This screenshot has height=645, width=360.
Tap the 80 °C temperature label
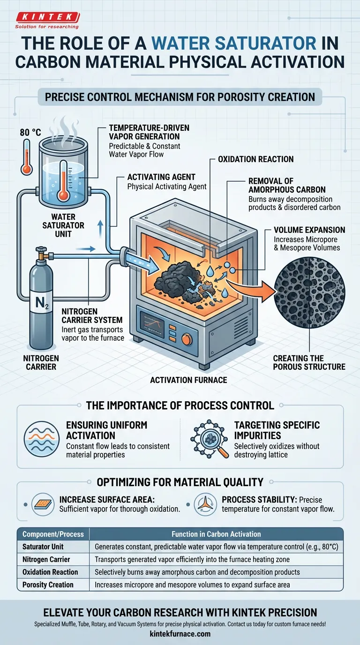[30, 133]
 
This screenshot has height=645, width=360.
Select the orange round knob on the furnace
[187, 339]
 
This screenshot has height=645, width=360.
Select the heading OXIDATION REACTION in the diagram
[256, 159]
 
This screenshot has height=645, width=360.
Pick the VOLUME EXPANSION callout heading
[309, 230]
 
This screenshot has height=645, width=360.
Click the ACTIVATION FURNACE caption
[188, 380]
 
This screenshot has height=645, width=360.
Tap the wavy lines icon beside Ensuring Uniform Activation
[41, 439]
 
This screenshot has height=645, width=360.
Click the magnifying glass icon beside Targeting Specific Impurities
[210, 439]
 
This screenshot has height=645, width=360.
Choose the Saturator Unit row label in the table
[43, 547]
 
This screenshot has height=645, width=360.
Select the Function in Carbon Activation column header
[216, 534]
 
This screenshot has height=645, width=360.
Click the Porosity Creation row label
[48, 585]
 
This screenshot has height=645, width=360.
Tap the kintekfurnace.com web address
[180, 634]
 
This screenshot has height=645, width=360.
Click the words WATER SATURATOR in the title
[233, 43]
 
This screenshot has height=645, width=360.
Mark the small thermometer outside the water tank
[27, 157]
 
